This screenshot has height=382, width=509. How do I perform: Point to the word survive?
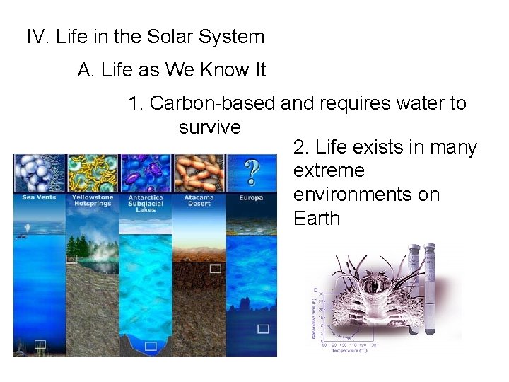pyautogui.click(x=210, y=127)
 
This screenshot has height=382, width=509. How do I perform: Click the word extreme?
pyautogui.click(x=329, y=170)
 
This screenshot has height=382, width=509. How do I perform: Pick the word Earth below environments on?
pyautogui.click(x=317, y=219)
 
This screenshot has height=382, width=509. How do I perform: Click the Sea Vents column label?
pyautogui.click(x=39, y=197)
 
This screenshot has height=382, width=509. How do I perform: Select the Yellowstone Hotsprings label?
pyautogui.click(x=93, y=200)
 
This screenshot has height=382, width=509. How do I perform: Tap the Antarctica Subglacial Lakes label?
pyautogui.click(x=146, y=203)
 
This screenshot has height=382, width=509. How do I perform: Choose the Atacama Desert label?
pyautogui.click(x=198, y=200)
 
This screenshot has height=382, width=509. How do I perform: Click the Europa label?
pyautogui.click(x=251, y=197)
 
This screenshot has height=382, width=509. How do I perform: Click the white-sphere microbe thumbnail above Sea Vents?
pyautogui.click(x=40, y=173)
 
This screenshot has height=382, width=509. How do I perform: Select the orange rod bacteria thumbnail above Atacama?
pyautogui.click(x=199, y=173)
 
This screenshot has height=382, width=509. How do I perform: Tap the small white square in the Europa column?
pyautogui.click(x=263, y=329)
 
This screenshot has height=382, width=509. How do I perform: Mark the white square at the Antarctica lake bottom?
pyautogui.click(x=150, y=346)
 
